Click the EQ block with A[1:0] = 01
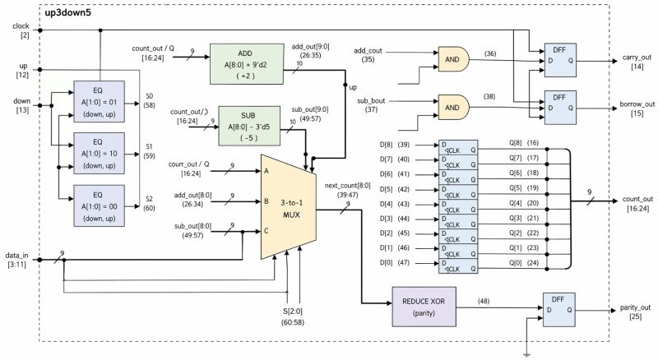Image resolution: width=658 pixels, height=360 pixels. pyautogui.click(x=98, y=101)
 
